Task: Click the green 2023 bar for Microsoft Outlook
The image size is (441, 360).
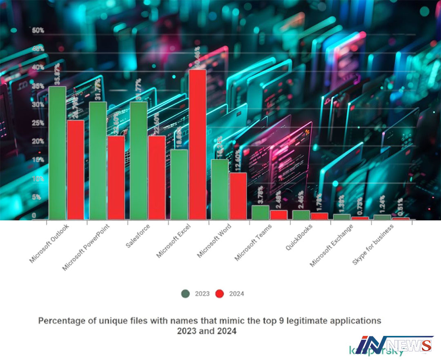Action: click(x=57, y=153)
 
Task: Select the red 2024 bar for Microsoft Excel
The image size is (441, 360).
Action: click(x=197, y=144)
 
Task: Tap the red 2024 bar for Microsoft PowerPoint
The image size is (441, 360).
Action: click(x=116, y=178)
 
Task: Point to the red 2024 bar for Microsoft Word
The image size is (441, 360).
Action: click(x=238, y=196)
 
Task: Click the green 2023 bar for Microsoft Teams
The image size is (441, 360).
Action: click(x=260, y=212)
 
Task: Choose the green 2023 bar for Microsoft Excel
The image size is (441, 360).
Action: click(x=179, y=184)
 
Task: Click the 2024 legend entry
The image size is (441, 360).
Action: click(x=231, y=293)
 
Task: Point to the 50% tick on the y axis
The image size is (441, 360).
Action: click(x=38, y=31)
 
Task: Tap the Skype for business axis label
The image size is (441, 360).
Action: click(x=373, y=244)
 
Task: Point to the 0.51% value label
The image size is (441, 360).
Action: click(x=401, y=208)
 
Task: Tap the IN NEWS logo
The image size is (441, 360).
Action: click(x=394, y=345)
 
